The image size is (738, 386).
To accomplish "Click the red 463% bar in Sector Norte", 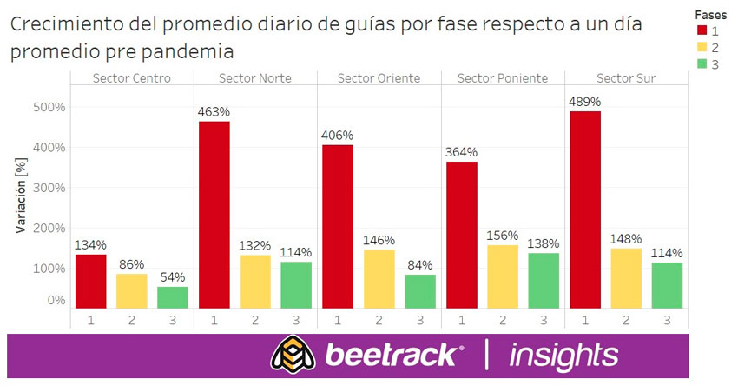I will pyautogui.click(x=214, y=214).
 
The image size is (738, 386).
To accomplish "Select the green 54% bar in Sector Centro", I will pyautogui.click(x=173, y=297).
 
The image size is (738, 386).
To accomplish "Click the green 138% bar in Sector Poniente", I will pyautogui.click(x=543, y=280).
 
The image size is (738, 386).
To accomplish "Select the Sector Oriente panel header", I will pyautogui.click(x=379, y=78).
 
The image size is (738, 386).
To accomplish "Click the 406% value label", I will pyautogui.click(x=338, y=136).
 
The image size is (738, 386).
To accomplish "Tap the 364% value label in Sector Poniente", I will pyautogui.click(x=461, y=153).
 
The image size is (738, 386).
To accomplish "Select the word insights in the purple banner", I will pyautogui.click(x=564, y=355).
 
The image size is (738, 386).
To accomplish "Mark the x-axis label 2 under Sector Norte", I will pyautogui.click(x=255, y=320).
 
